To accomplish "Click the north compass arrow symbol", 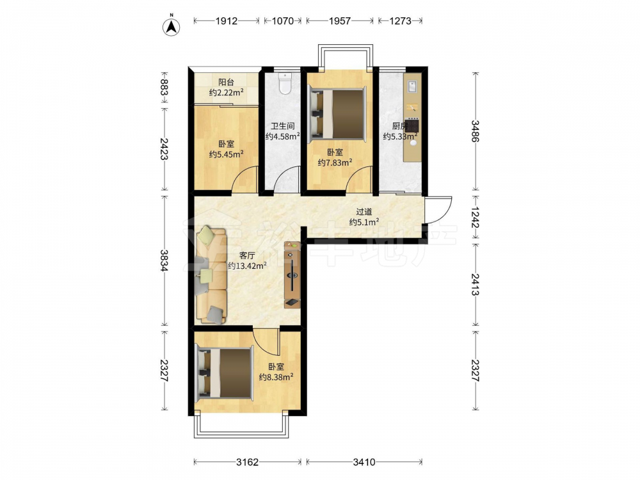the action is coord(172,27).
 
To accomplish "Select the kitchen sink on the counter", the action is coord(412,86).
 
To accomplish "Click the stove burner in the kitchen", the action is coord(413,125).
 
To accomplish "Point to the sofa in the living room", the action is coord(211,275).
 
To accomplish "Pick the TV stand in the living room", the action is coord(292,275).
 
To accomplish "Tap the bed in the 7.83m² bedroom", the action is coord(337,113).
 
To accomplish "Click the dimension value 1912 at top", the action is coord(226,20).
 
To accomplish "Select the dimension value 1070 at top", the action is coord(282,20).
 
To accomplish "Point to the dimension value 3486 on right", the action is coord(475,131).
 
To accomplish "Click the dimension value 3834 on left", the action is coord(164,260).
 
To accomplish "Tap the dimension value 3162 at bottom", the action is coord(247,462).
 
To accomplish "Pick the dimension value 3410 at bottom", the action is coord(364,462).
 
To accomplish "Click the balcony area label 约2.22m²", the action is coord(227,92).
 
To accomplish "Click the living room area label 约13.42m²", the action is coord(247,266).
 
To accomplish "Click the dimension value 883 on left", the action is coord(164,87).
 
